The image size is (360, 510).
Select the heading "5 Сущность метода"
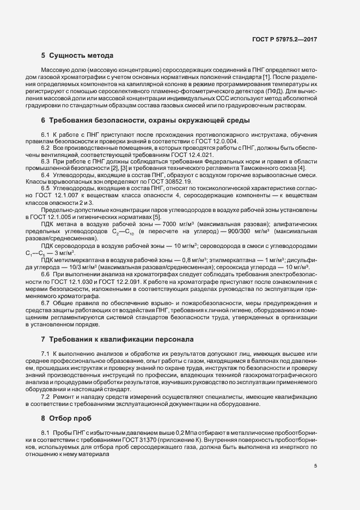(77, 56)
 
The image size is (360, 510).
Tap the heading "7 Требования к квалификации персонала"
(117, 339)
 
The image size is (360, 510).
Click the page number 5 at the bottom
(315, 466)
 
